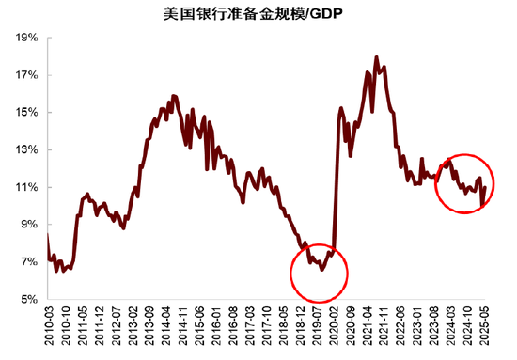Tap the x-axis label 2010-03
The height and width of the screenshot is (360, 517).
point(49,328)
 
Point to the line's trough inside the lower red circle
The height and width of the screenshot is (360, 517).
point(321,270)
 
